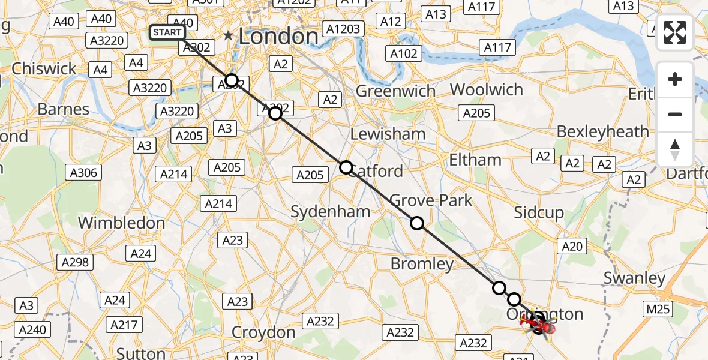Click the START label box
tap(167, 32)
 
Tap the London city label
tap(278, 36)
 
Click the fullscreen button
tap(675, 32)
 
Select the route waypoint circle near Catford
tap(346, 167)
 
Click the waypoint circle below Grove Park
tap(417, 223)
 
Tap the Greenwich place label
tap(395, 91)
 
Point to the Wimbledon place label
tap(121, 223)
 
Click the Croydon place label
tap(263, 332)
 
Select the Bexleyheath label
tap(602, 131)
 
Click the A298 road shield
tap(74, 262)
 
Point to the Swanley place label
tap(634, 278)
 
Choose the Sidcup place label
tap(539, 212)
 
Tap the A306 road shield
tap(83, 173)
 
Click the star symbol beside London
tap(228, 36)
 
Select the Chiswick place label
tap(44, 68)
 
